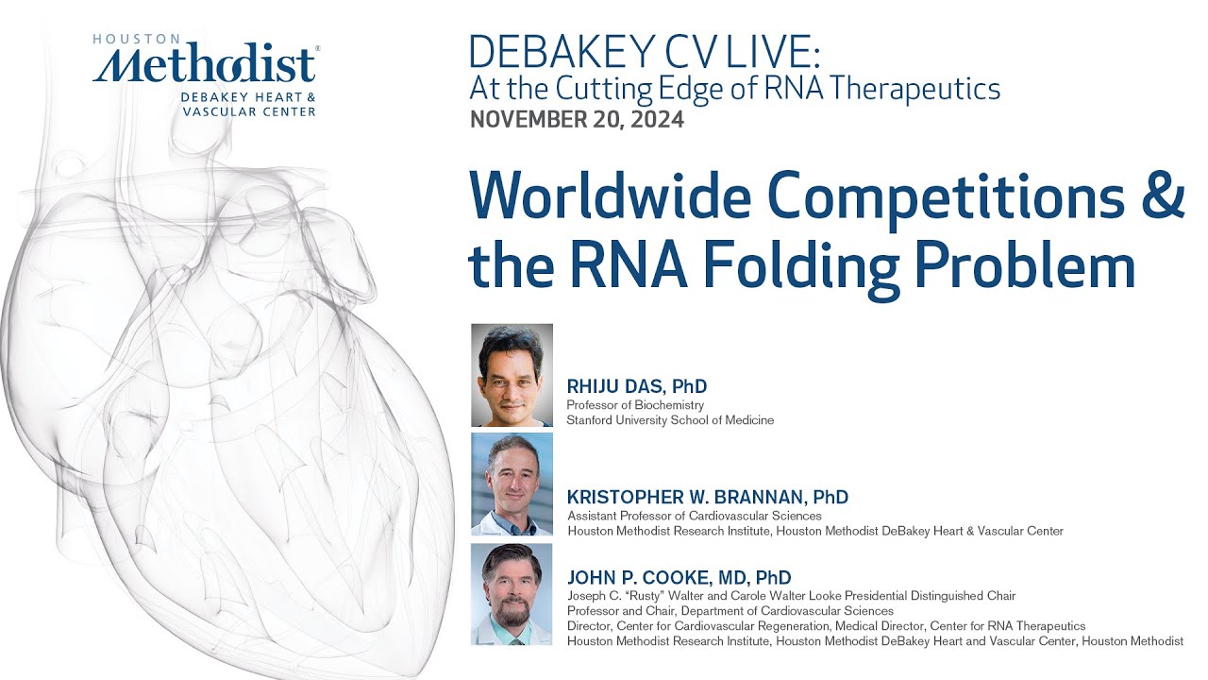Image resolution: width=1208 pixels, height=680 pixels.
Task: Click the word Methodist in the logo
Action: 205,67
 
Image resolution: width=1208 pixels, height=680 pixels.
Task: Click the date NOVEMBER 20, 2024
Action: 577,119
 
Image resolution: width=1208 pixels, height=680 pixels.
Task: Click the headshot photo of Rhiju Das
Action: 512,375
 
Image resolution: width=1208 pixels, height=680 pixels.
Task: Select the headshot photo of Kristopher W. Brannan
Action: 512,484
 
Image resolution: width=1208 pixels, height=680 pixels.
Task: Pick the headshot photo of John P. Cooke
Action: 512,594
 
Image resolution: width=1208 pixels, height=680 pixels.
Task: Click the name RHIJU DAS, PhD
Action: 636,386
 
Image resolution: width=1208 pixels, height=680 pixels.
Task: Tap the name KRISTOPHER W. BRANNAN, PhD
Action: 707,497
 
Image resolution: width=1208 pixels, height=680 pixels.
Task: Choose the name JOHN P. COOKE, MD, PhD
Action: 679,577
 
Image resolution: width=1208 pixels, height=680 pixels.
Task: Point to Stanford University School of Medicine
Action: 670,420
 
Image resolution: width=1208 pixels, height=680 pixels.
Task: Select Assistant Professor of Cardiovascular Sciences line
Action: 694,516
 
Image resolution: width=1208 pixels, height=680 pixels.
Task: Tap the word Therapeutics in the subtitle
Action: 919,89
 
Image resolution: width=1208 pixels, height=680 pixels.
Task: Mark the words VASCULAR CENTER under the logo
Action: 249,111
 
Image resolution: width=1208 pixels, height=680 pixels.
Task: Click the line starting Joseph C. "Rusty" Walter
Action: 791,596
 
